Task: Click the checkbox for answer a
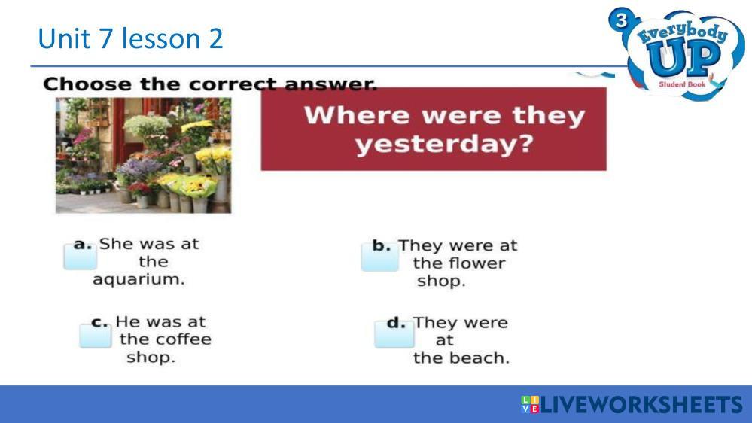click(81, 257)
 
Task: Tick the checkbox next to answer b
click(380, 257)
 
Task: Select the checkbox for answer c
click(96, 336)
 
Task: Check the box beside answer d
click(394, 334)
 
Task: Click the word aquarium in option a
click(139, 279)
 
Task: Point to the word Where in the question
click(357, 116)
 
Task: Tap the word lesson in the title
click(160, 38)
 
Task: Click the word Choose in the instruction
click(87, 84)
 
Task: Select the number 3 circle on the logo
click(621, 20)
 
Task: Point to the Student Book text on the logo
click(682, 84)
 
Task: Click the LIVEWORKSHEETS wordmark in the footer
click(641, 405)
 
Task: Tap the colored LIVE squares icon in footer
click(530, 404)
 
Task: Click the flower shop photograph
click(143, 155)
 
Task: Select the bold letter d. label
click(396, 323)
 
